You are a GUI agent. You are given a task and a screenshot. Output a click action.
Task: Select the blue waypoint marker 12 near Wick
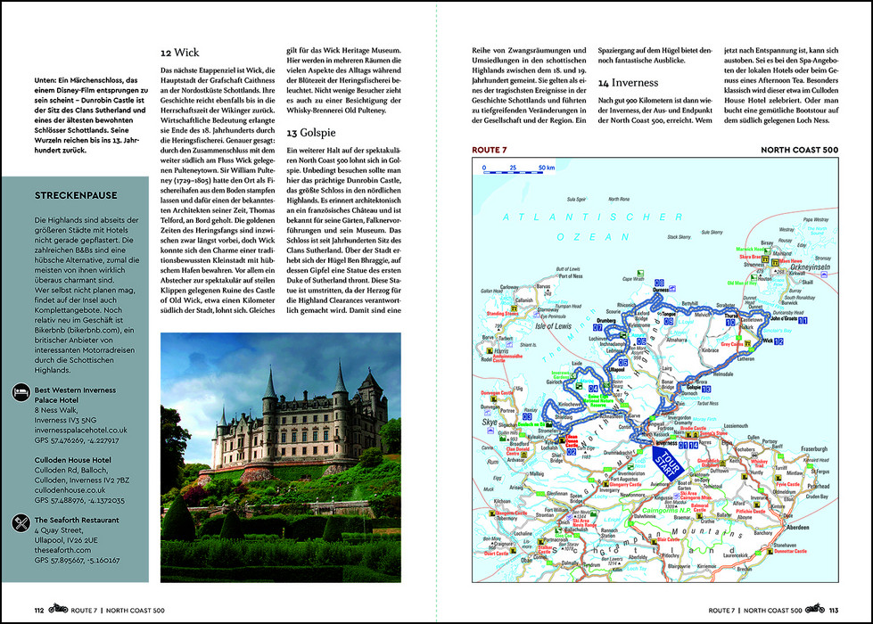pos(778,341)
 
